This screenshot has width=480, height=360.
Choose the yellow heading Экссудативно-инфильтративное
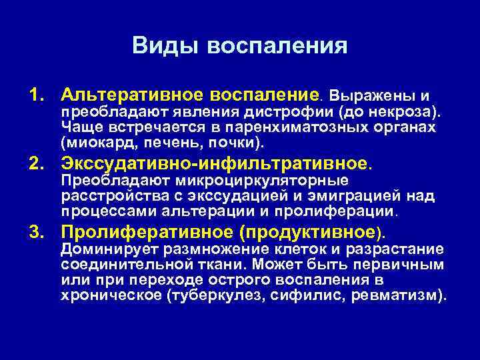[214, 163]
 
